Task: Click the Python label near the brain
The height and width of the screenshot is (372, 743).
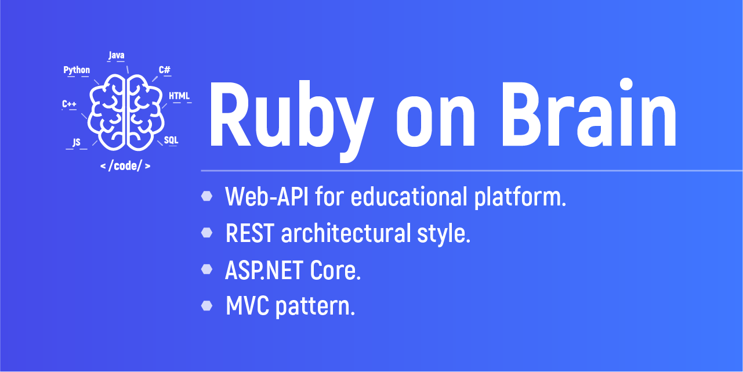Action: point(77,70)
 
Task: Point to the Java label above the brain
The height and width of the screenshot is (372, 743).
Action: point(116,56)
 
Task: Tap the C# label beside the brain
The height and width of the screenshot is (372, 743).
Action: point(165,70)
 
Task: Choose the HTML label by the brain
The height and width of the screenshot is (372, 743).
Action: point(179,96)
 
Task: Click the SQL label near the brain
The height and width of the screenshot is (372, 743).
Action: point(171,140)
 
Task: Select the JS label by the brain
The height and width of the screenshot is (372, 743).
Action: point(77,142)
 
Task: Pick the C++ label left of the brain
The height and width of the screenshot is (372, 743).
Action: point(69,104)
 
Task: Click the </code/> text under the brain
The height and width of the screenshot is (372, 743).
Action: point(125,166)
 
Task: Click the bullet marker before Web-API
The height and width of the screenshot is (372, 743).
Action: point(207,197)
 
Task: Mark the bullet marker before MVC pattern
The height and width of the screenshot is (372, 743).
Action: point(207,306)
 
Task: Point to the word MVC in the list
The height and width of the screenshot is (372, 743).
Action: point(247,306)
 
